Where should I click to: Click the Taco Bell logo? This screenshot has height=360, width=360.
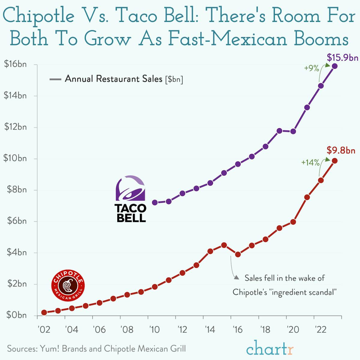click(130, 199)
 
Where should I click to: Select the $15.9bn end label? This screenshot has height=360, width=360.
click(342, 57)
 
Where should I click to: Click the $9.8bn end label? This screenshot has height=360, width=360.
click(341, 150)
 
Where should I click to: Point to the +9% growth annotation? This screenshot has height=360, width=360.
click(311, 68)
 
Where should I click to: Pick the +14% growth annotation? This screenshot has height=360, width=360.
click(310, 163)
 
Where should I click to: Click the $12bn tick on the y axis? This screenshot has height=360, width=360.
click(15, 127)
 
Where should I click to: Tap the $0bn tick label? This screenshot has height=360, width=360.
click(15, 315)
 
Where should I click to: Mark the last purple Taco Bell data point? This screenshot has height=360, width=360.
click(335, 66)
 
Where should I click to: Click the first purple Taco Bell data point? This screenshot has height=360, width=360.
click(155, 202)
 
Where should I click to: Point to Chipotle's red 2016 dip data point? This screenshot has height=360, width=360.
click(238, 254)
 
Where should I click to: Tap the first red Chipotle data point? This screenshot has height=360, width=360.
click(44, 313)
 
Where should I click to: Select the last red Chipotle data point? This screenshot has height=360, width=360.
click(335, 161)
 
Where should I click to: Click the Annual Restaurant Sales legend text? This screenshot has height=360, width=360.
click(114, 79)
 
